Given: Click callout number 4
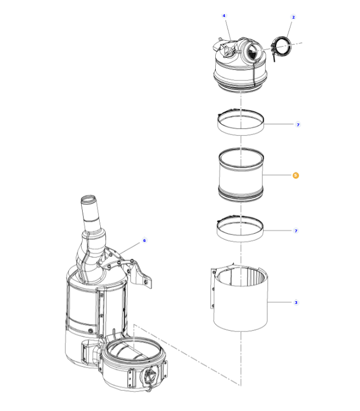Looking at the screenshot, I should (224, 16).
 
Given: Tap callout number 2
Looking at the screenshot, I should (293, 18).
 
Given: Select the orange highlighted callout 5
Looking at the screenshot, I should (296, 175).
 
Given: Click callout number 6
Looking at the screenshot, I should (144, 241).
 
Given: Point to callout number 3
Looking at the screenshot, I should (296, 303).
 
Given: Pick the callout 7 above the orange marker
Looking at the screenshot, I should (298, 125).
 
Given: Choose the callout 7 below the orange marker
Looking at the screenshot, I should (296, 231).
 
